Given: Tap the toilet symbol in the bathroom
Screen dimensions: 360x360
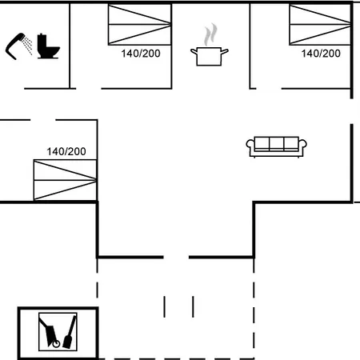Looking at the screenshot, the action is point(48,46).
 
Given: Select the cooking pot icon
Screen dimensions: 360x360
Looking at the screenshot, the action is point(210,56).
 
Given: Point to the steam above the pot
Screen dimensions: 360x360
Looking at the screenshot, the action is point(210,34).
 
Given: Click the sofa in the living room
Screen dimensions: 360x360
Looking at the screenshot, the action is point(276,146).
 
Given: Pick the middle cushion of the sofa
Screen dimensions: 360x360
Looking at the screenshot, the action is point(277,143).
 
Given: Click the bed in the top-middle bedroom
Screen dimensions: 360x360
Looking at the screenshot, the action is point(139,25).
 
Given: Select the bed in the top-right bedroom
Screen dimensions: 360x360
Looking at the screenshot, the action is point(320,25).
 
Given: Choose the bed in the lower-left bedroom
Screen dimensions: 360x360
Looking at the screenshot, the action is point(65,180).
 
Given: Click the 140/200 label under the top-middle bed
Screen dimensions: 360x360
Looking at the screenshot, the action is point(141,54).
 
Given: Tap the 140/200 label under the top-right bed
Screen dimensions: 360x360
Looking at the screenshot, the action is point(321,54).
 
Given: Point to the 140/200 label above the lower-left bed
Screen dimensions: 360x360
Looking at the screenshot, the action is point(66,152).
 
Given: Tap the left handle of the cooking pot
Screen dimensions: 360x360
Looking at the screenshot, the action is point(194,51).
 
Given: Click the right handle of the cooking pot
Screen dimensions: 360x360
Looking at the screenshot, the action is point(225,51).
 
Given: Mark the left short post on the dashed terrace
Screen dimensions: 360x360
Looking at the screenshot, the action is point(164,306).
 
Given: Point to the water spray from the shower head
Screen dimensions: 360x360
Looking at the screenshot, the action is point(27,46).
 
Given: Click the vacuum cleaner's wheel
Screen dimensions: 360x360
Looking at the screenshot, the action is point(56,344).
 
